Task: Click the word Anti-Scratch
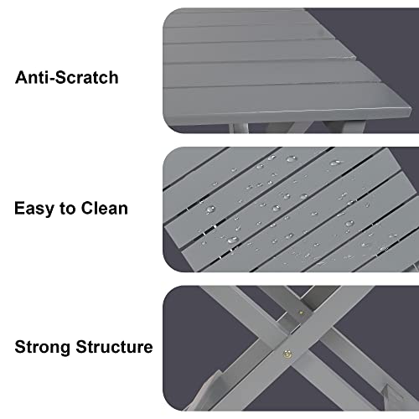[x=66, y=78]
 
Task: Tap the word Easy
[x=36, y=208]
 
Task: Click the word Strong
[x=42, y=346]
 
